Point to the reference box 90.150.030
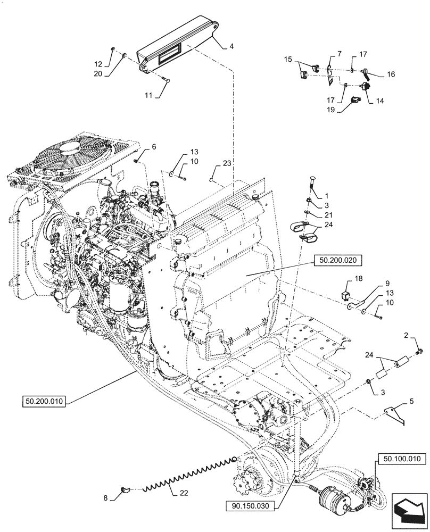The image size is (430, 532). click(251, 496)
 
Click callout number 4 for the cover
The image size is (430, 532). click(231, 46)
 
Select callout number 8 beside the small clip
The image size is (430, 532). click(105, 498)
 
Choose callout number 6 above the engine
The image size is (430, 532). click(154, 147)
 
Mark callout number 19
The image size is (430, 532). click(331, 110)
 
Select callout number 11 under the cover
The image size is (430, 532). click(148, 95)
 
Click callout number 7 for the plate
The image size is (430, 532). click(330, 54)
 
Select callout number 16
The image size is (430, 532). click(391, 74)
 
